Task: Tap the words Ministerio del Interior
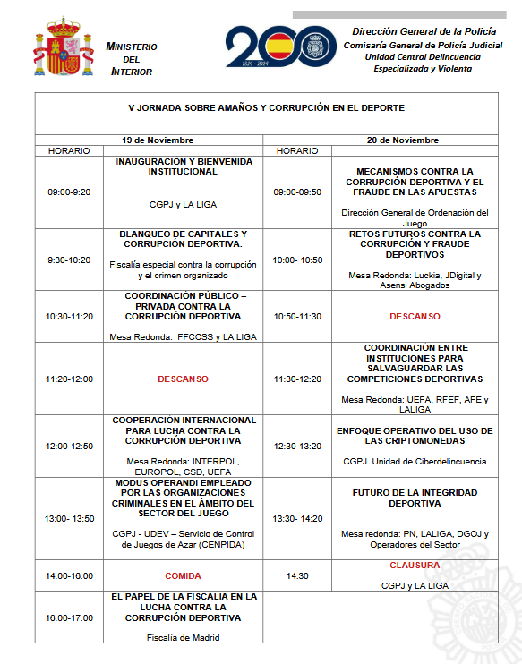(x=131, y=58)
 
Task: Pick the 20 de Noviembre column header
(x=403, y=140)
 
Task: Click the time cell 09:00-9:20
(x=70, y=192)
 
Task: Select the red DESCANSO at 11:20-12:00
(x=183, y=379)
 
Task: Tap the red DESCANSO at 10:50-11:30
(x=415, y=316)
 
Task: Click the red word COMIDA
(x=183, y=575)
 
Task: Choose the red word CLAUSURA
(x=415, y=566)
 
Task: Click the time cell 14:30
(x=297, y=575)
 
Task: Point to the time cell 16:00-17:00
(x=70, y=617)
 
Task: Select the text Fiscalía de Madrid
(x=183, y=637)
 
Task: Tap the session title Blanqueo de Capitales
(x=183, y=239)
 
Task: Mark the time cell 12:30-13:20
(x=297, y=446)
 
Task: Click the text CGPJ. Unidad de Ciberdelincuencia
(x=415, y=462)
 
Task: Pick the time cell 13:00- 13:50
(x=70, y=518)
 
